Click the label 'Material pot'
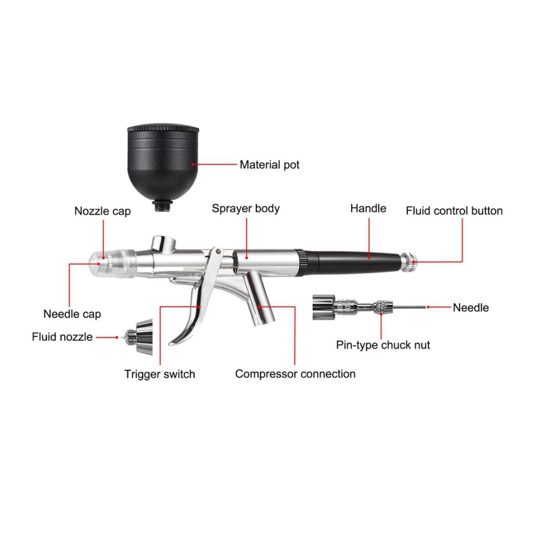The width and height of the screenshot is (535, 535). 270,165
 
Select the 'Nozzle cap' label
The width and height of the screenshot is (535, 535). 102,211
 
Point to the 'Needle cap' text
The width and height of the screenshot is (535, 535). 72,314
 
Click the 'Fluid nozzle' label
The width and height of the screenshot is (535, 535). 62,337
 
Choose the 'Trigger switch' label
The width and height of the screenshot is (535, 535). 159,374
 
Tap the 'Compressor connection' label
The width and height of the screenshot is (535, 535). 295,374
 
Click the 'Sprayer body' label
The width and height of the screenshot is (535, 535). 246,209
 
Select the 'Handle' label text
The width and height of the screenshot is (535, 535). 368,209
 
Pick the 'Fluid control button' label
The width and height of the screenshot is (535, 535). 454,211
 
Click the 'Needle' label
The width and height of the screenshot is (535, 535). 471,308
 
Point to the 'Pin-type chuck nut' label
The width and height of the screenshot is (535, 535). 383,345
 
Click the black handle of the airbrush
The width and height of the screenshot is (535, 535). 351,262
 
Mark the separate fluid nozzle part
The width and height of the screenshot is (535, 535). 137,337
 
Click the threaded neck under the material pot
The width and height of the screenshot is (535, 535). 163,205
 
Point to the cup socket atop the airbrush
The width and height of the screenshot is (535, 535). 164,243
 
